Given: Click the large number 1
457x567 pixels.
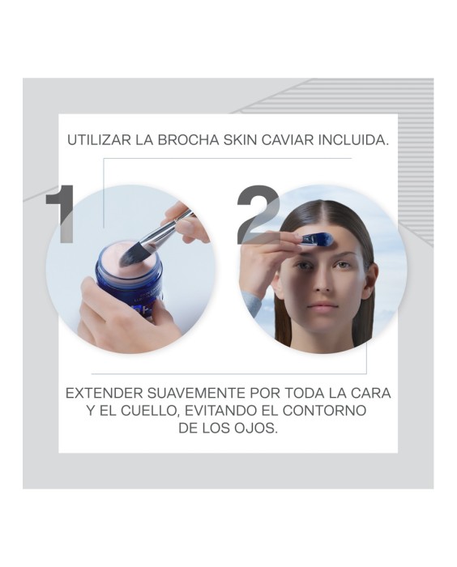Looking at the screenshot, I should coord(62,213).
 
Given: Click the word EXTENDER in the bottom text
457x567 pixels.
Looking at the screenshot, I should coord(104,393).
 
